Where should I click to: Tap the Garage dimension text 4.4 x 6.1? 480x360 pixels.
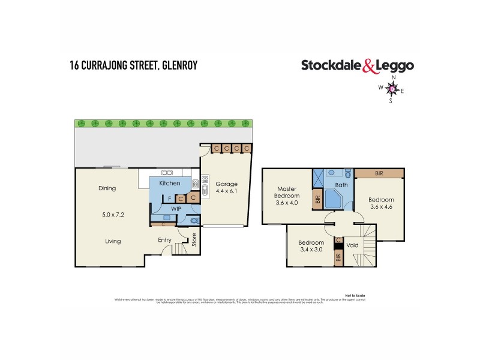tap(227, 193)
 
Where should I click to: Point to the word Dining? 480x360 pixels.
tap(107, 188)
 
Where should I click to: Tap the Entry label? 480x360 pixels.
tap(165, 241)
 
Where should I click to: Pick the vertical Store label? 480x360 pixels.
tap(194, 240)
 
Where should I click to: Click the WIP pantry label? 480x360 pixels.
tap(176, 209)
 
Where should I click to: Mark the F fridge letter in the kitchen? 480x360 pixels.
tap(170, 197)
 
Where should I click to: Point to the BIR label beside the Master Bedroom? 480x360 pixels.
tap(317, 199)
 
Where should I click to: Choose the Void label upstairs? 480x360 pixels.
tap(352, 245)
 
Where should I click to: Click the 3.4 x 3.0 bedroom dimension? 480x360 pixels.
tap(311, 251)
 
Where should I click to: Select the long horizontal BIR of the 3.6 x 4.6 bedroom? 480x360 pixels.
tap(379, 173)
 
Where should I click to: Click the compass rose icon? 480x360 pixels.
tap(394, 89)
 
